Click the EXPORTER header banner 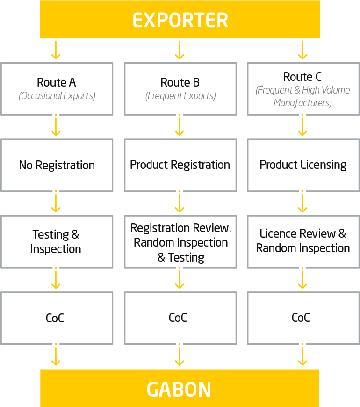coord(180,19)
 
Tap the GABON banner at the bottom coord(180,388)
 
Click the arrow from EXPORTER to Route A coord(56,50)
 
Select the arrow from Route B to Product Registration coord(180,127)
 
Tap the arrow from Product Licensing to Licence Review coord(302,203)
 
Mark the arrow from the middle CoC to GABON coord(180,356)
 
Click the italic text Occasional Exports coord(57,96)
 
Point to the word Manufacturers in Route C coord(302,103)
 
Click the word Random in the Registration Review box coord(148,243)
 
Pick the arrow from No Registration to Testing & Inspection coord(56,203)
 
